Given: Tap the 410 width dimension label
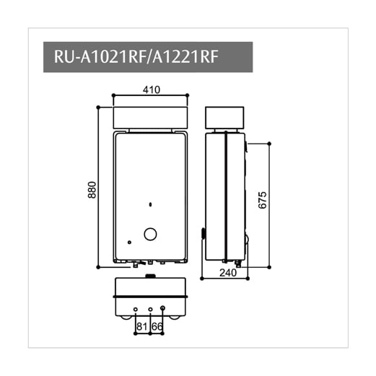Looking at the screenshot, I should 151,90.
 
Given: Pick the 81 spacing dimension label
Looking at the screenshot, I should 142,326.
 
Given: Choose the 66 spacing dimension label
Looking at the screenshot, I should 157,326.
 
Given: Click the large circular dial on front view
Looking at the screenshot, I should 151,234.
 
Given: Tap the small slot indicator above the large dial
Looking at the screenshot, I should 149,205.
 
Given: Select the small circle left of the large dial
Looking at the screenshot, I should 129,242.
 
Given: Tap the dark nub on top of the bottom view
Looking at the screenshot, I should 150,276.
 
